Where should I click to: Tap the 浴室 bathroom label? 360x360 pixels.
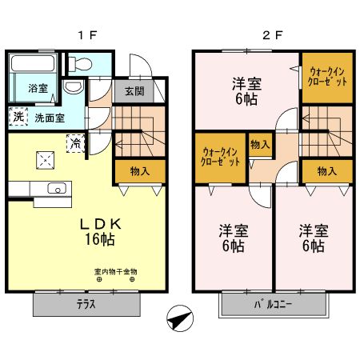point(38,88)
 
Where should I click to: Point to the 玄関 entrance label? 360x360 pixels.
point(134,90)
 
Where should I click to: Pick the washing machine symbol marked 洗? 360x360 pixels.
point(18,117)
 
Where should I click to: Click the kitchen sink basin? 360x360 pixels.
point(55,190)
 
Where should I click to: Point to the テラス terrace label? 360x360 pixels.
point(87,304)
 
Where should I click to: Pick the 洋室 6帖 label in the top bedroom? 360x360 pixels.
point(246,90)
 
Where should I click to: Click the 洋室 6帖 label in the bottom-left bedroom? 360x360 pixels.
point(234,238)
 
